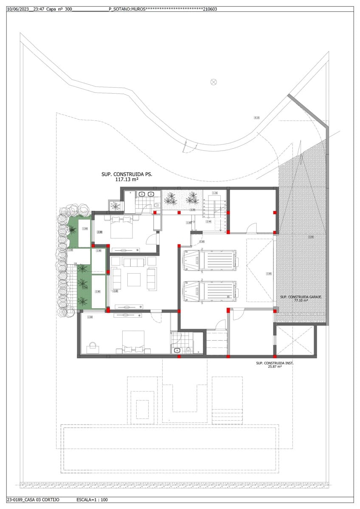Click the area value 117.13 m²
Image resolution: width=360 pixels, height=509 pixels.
(127, 180)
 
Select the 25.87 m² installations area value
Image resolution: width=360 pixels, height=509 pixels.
(275, 367)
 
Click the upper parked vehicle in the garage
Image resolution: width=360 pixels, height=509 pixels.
(209, 260)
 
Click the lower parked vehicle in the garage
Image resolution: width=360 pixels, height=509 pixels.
(209, 291)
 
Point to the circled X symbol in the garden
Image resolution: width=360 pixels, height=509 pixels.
(214, 82)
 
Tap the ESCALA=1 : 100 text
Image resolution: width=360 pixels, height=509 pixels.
(92, 500)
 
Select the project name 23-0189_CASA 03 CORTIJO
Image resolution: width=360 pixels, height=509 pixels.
(33, 500)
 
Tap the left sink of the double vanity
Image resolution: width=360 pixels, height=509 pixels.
(142, 195)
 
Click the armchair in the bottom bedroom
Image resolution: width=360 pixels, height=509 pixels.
(92, 348)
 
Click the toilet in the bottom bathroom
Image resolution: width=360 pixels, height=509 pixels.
(188, 350)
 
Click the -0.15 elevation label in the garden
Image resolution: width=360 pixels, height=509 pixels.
(256, 117)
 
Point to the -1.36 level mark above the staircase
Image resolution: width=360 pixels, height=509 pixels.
(215, 193)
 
